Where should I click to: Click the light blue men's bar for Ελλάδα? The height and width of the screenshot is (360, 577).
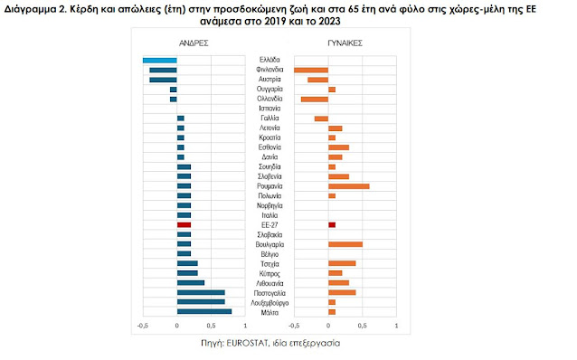pyautogui.click(x=159, y=60)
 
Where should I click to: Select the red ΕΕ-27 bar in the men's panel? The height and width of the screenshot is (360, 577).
pyautogui.click(x=184, y=224)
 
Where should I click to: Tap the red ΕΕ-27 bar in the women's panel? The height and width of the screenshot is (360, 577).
pyautogui.click(x=332, y=224)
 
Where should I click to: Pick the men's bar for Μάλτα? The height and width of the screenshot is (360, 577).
pyautogui.click(x=204, y=312)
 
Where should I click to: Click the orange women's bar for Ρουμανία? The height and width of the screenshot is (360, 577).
pyautogui.click(x=348, y=186)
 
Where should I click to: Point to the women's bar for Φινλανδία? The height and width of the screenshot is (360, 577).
pyautogui.click(x=311, y=70)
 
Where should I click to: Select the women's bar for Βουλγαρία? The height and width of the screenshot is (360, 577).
pyautogui.click(x=345, y=244)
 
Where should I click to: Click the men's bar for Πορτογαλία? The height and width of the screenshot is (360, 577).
pyautogui.click(x=201, y=292)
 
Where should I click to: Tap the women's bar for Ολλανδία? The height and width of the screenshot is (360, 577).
pyautogui.click(x=314, y=99)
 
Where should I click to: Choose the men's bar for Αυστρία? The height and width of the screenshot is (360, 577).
pyautogui.click(x=163, y=80)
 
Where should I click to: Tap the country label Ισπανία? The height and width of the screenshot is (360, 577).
pyautogui.click(x=269, y=109)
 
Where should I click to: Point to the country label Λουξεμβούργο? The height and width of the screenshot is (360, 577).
pyautogui.click(x=269, y=302)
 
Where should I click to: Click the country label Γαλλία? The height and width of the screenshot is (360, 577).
pyautogui.click(x=269, y=118)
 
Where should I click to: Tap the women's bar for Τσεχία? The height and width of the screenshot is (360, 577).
pyautogui.click(x=342, y=263)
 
